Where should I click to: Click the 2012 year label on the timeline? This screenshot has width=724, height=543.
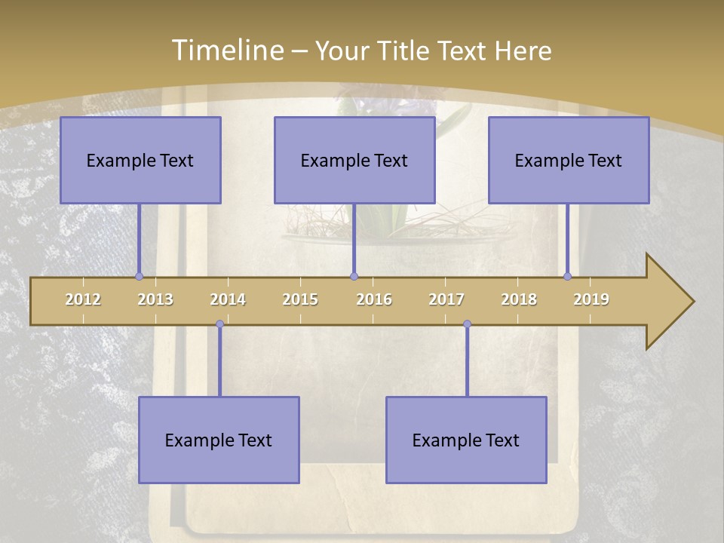pyautogui.click(x=83, y=299)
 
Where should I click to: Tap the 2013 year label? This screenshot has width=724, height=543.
pyautogui.click(x=155, y=299)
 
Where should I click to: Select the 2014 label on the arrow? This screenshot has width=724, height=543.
pyautogui.click(x=228, y=299)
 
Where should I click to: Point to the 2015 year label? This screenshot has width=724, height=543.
pyautogui.click(x=300, y=299)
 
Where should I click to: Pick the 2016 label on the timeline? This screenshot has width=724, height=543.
pyautogui.click(x=374, y=299)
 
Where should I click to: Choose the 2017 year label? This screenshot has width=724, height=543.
pyautogui.click(x=446, y=299)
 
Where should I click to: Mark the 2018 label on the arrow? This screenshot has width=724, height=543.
pyautogui.click(x=519, y=299)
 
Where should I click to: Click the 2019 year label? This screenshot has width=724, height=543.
pyautogui.click(x=591, y=299)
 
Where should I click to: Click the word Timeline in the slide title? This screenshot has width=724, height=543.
pyautogui.click(x=227, y=50)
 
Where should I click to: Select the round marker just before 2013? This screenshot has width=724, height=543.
pyautogui.click(x=139, y=276)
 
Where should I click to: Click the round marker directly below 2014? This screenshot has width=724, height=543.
pyautogui.click(x=219, y=324)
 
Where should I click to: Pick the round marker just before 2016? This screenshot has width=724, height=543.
pyautogui.click(x=354, y=276)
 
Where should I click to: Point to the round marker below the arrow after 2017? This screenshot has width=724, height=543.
pyautogui.click(x=467, y=324)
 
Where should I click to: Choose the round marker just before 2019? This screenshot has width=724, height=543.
pyautogui.click(x=568, y=276)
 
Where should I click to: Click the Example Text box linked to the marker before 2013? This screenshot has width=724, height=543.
pyautogui.click(x=140, y=160)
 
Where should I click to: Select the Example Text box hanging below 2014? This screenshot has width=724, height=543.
pyautogui.click(x=219, y=440)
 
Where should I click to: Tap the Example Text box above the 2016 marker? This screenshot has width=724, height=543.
pyautogui.click(x=354, y=160)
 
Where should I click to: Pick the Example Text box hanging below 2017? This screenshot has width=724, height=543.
pyautogui.click(x=466, y=440)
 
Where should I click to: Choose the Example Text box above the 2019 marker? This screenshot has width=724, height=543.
pyautogui.click(x=569, y=160)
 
